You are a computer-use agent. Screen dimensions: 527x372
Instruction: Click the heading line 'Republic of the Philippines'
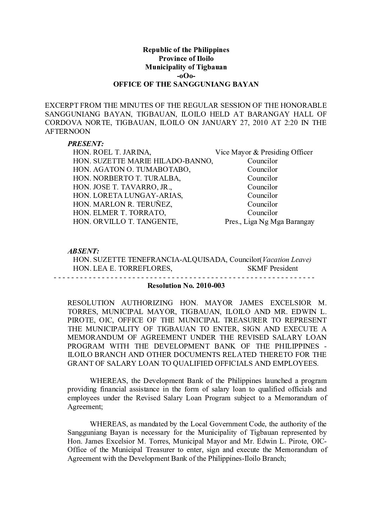point(186,50)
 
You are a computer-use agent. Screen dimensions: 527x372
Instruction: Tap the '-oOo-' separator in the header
point(186,76)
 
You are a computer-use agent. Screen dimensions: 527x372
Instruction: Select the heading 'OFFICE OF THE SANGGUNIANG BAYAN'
point(186,84)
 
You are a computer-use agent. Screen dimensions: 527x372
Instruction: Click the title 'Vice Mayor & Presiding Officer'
point(264,152)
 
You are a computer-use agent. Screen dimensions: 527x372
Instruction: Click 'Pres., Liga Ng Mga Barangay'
point(269,222)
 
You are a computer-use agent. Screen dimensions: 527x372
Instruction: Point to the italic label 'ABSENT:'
point(83,251)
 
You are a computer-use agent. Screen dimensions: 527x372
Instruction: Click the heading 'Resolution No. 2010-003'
point(186,286)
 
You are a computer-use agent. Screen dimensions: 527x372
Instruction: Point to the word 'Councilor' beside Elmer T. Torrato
point(262,213)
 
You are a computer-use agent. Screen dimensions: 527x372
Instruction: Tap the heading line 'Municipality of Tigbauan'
point(186,67)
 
